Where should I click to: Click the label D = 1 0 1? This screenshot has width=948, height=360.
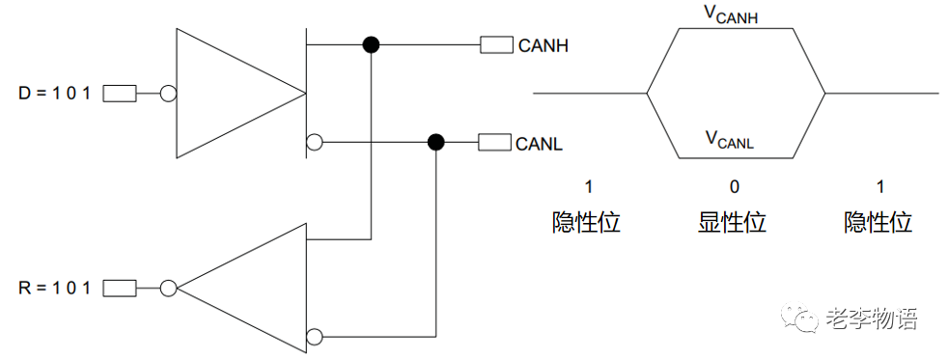pos(54,94)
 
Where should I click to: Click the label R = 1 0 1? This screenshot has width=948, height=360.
pos(54,288)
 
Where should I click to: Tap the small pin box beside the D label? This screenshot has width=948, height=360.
pos(119,94)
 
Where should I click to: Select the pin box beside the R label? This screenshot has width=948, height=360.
pos(119,288)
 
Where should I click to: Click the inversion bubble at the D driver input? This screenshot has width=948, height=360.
pos(168,94)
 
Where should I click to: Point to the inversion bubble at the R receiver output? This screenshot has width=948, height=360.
pos(168,288)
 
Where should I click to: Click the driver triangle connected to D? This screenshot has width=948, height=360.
pos(232,94)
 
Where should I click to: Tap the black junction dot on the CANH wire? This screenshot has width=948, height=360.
pos(370,44)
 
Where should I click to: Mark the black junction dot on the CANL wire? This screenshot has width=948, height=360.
pos(436,143)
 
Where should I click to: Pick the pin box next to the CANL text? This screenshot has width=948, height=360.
pos(495,143)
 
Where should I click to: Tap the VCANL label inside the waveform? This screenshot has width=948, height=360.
pos(729,140)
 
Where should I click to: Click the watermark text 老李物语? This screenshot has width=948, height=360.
pos(872,318)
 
